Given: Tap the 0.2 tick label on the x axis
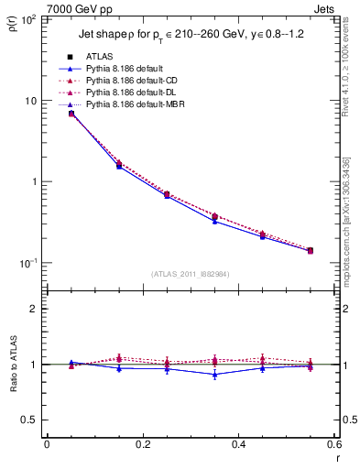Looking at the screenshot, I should [x=142, y=446].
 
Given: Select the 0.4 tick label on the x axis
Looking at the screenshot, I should [x=238, y=446].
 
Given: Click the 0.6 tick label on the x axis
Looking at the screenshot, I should [x=333, y=446].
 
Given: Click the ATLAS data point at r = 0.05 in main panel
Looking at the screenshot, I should [x=71, y=114].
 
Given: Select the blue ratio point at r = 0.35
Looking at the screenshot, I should [x=214, y=374].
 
